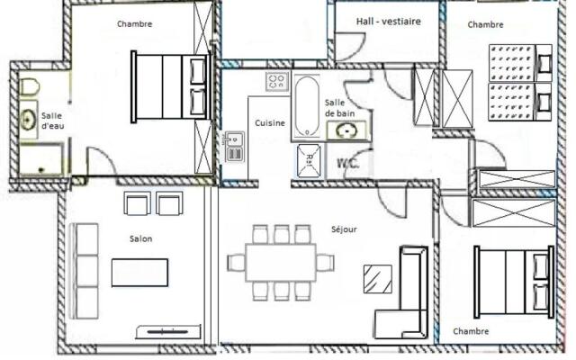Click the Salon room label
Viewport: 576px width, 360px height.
(139, 238)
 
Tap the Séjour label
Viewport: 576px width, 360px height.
(343, 229)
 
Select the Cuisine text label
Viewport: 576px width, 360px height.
(270, 123)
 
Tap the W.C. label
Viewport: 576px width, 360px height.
(346, 164)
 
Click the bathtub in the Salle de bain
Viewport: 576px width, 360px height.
(305, 106)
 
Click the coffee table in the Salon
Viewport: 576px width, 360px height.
(139, 272)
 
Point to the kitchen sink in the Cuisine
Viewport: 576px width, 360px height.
(235, 147)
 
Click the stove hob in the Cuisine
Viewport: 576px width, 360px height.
(275, 82)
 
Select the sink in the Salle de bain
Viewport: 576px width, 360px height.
(344, 131)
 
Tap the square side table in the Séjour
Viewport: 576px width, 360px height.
(378, 278)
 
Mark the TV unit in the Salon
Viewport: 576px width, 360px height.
(168, 332)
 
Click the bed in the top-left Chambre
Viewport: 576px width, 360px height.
(169, 85)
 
